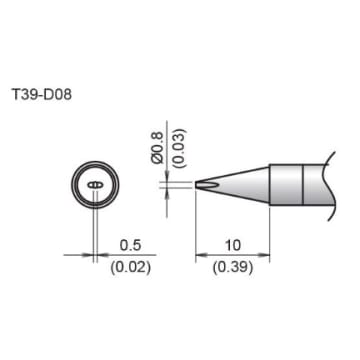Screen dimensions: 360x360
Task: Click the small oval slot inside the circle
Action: click(x=94, y=185)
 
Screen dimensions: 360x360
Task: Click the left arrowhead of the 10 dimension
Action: click(x=200, y=253)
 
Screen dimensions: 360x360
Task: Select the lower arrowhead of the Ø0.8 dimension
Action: click(x=165, y=192)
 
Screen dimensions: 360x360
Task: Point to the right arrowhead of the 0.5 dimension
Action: click(x=100, y=253)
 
